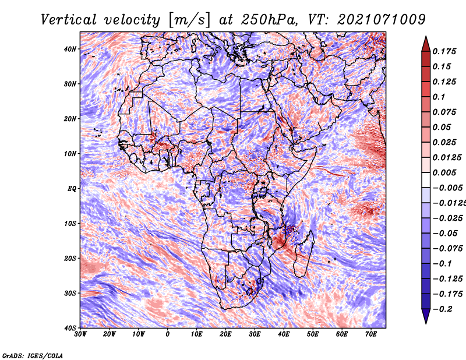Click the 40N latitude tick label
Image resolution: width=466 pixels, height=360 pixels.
click(69, 49)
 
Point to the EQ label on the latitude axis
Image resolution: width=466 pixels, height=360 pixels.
click(72, 189)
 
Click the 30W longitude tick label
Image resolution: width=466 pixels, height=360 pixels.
click(80, 334)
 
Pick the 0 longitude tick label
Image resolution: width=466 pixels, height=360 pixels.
click(167, 334)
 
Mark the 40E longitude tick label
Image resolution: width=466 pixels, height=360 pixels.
click(284, 334)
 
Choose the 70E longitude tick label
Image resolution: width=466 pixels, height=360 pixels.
click(370, 334)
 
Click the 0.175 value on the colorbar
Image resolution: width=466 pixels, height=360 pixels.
click(444, 52)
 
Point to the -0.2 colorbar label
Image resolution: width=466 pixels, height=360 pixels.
click(442, 309)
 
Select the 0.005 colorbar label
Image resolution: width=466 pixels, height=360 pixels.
click(444, 172)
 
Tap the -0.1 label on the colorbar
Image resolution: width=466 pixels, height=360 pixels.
click(442, 264)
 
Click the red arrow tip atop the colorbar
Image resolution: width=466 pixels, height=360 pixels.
click(426, 37)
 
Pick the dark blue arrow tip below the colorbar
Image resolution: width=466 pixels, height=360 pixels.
click(426, 323)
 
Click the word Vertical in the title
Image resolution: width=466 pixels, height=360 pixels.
click(68, 20)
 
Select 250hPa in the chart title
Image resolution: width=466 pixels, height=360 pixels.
click(269, 20)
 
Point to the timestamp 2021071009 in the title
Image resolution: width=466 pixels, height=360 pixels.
click(382, 20)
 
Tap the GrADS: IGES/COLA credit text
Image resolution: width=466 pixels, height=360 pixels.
click(33, 355)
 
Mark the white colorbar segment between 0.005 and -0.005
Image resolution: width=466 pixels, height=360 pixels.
click(426, 180)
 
